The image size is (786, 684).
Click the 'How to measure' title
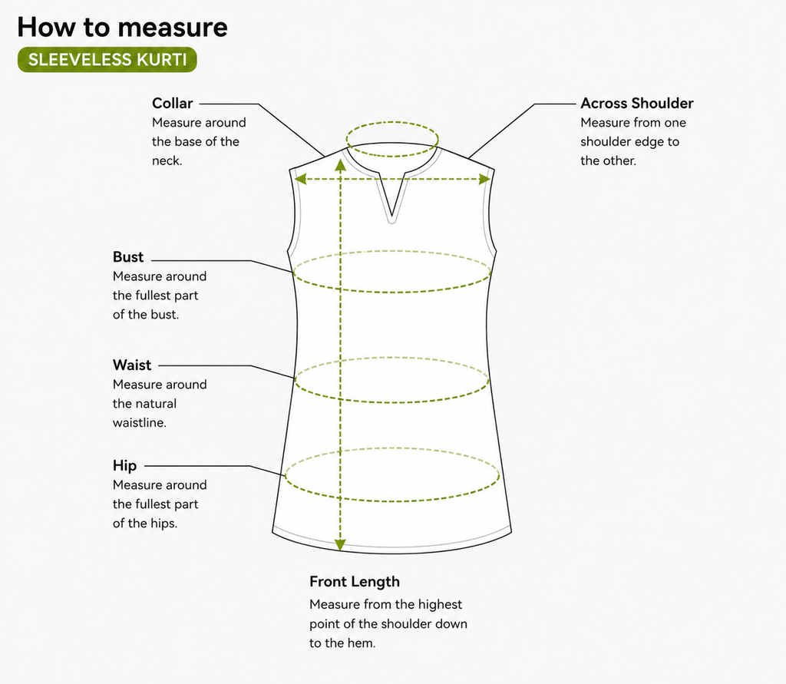click(x=122, y=27)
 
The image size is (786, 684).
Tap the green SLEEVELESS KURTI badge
click(x=107, y=60)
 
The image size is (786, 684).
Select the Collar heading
click(x=173, y=104)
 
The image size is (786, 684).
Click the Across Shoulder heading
click(x=636, y=104)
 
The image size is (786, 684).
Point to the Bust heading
click(x=128, y=256)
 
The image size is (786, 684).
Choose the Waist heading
click(x=132, y=365)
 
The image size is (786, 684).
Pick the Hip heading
click(x=125, y=466)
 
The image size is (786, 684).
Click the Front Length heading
click(x=355, y=582)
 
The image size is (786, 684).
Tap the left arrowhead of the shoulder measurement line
click(x=300, y=179)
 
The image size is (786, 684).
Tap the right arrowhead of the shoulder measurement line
click(x=484, y=179)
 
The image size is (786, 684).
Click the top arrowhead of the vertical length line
click(x=340, y=166)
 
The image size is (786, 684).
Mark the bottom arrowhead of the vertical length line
click(x=340, y=544)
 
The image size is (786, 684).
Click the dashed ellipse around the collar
click(x=392, y=121)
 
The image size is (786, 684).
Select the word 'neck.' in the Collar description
click(x=167, y=161)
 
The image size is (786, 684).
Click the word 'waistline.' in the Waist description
click(x=140, y=423)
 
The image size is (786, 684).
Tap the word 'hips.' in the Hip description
click(x=164, y=524)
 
